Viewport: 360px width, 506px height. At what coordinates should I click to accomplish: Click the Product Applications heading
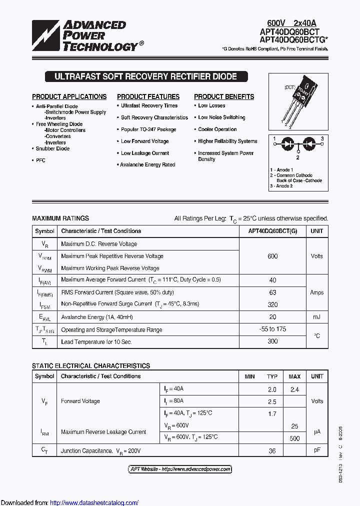click(x=69, y=96)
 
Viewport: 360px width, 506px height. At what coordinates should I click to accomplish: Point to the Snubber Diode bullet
click(x=52, y=148)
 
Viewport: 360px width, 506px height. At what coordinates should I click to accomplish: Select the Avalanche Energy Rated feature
click(x=147, y=164)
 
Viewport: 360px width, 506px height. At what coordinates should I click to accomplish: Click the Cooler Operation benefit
click(x=217, y=129)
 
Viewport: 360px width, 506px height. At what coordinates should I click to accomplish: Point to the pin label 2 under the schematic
click(x=298, y=157)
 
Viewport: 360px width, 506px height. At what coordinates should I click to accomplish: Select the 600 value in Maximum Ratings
click(x=272, y=256)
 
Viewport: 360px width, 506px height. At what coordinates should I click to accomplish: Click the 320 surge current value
click(x=272, y=304)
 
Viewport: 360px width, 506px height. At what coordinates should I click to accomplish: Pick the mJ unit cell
click(x=316, y=317)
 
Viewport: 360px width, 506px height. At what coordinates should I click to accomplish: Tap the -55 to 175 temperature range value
click(x=272, y=329)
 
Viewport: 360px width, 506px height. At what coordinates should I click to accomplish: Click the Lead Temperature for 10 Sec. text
click(x=96, y=342)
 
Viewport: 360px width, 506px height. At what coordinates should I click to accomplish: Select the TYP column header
click(x=272, y=376)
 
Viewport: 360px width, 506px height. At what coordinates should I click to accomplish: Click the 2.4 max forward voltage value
click(x=294, y=389)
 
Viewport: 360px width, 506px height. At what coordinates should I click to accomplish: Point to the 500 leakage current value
click(x=294, y=438)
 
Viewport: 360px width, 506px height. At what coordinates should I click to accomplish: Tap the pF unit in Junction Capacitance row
click(x=316, y=450)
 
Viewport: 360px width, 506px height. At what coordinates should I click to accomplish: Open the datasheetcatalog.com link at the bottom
click(x=94, y=502)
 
